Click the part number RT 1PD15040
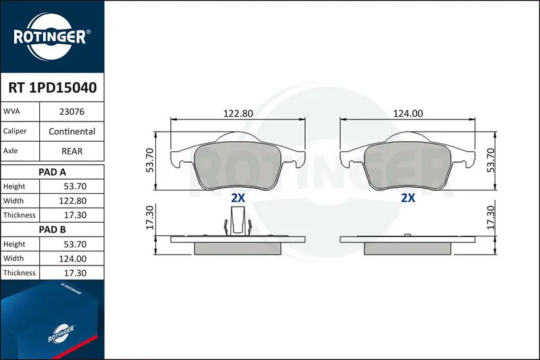(53, 88)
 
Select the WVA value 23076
(72, 111)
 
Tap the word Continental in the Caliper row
(72, 131)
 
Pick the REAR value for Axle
(72, 151)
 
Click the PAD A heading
(53, 172)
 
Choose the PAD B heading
(53, 230)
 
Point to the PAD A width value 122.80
(73, 201)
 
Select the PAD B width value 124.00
(73, 259)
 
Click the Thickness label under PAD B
(20, 273)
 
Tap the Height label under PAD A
(14, 186)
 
